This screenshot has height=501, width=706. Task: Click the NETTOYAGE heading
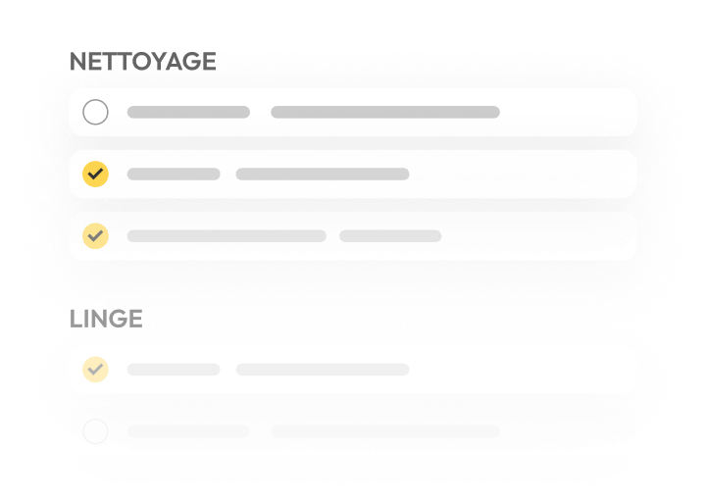pos(143,62)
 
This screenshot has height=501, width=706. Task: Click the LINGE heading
pos(106,320)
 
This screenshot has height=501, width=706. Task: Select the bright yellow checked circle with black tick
pos(95,174)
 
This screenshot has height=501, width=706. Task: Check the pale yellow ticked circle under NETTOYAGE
pos(95,236)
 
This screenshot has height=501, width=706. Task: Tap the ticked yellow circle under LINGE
pos(95,370)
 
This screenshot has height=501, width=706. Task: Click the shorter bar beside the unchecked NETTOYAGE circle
pos(188,112)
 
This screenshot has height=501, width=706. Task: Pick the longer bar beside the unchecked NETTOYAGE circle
pos(385,112)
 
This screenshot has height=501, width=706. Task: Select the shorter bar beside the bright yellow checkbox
pos(174,174)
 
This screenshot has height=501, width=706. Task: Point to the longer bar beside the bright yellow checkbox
pos(323,174)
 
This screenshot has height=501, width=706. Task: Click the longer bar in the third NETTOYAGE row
pos(227,236)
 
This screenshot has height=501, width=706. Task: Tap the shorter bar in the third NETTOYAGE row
pos(390,236)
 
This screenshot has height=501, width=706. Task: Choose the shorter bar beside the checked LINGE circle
pos(174,370)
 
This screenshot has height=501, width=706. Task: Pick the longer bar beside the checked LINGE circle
pos(323,370)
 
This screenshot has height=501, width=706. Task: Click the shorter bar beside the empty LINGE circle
pos(188,431)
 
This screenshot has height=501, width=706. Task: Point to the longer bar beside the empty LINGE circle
pos(385,431)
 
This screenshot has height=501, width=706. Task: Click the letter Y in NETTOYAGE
pos(159,62)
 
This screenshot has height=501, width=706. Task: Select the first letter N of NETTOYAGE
pos(78,62)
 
